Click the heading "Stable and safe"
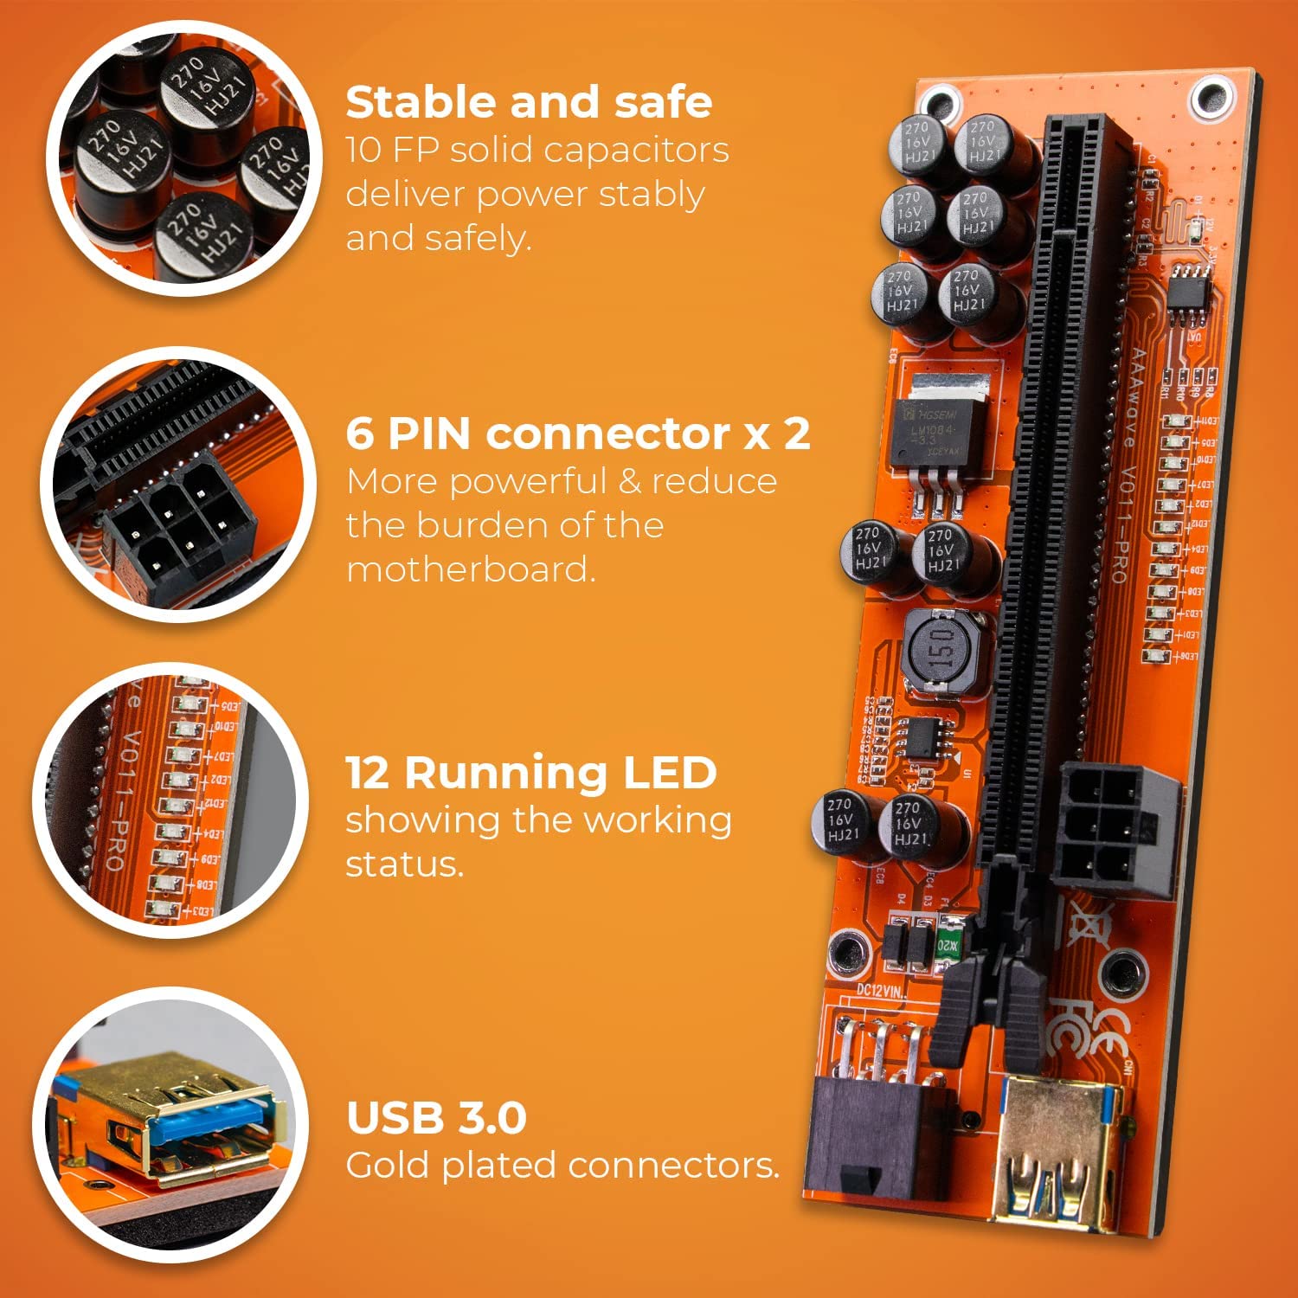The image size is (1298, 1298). (x=529, y=102)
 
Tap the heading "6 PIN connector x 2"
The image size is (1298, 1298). (x=577, y=434)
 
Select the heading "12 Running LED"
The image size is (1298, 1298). (x=530, y=772)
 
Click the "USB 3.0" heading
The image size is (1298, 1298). (x=436, y=1117)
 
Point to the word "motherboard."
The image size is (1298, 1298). (x=471, y=569)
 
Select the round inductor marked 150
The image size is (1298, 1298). (x=943, y=651)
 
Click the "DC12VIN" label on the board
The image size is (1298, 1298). (x=879, y=990)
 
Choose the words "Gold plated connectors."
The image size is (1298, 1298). (x=562, y=1166)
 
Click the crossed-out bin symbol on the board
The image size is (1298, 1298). (x=1088, y=922)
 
